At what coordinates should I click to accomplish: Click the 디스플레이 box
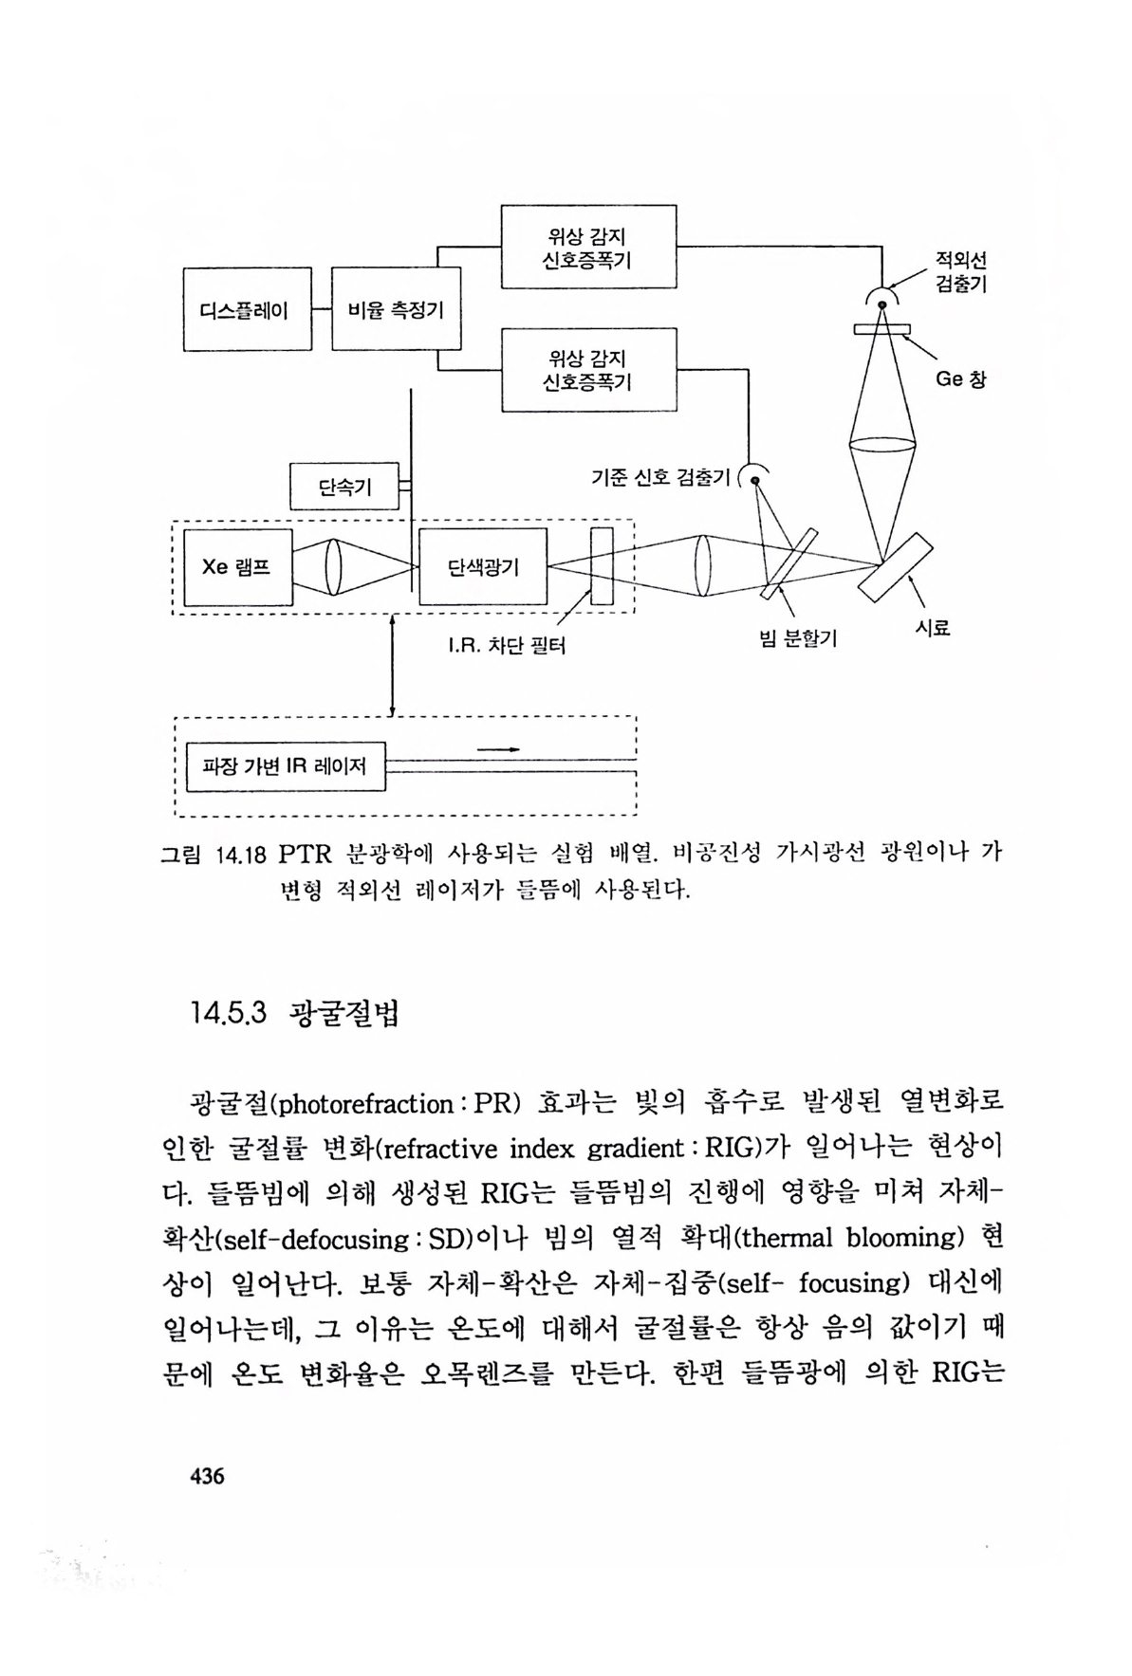247,309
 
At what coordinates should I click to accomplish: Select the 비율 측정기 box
395,309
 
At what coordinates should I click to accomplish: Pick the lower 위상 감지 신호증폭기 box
587,370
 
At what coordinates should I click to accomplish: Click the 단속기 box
344,487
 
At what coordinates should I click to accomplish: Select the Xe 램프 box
236,567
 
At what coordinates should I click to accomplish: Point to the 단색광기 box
482,567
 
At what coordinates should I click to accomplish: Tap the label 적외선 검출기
960,271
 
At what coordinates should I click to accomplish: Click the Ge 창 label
960,378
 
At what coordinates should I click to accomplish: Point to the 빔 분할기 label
798,639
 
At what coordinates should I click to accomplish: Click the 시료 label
932,627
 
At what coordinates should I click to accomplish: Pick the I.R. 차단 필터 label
507,647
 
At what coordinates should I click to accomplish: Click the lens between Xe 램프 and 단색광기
333,567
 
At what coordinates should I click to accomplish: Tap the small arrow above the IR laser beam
499,749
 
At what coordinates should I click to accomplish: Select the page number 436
207,1476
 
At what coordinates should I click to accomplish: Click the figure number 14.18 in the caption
242,855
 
